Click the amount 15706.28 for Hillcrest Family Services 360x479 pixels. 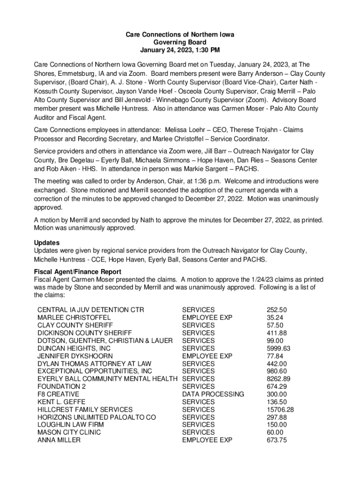click(281, 409)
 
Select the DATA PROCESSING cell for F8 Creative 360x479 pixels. click(213, 394)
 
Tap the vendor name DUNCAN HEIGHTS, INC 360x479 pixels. click(74, 348)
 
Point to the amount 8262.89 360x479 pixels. click(279, 379)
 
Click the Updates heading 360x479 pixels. click(47, 243)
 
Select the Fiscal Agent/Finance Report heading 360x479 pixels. click(78, 272)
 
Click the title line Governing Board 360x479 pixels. click(180, 43)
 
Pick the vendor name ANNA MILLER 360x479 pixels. click(59, 440)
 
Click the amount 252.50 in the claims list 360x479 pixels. click(277, 310)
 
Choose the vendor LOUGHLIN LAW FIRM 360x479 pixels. click(71, 425)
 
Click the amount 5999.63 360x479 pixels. click(279, 348)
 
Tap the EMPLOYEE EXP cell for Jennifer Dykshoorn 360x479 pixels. click(207, 356)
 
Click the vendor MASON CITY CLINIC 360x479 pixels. click(69, 432)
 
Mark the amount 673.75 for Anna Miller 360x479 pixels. click(277, 440)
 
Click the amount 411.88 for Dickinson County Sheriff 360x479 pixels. click(277, 333)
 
